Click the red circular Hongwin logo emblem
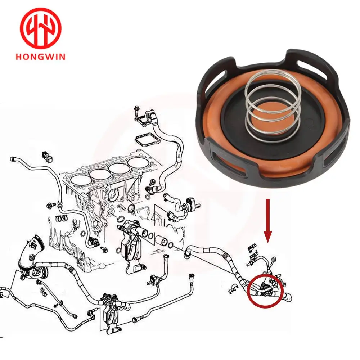41,28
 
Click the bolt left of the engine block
51,206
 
